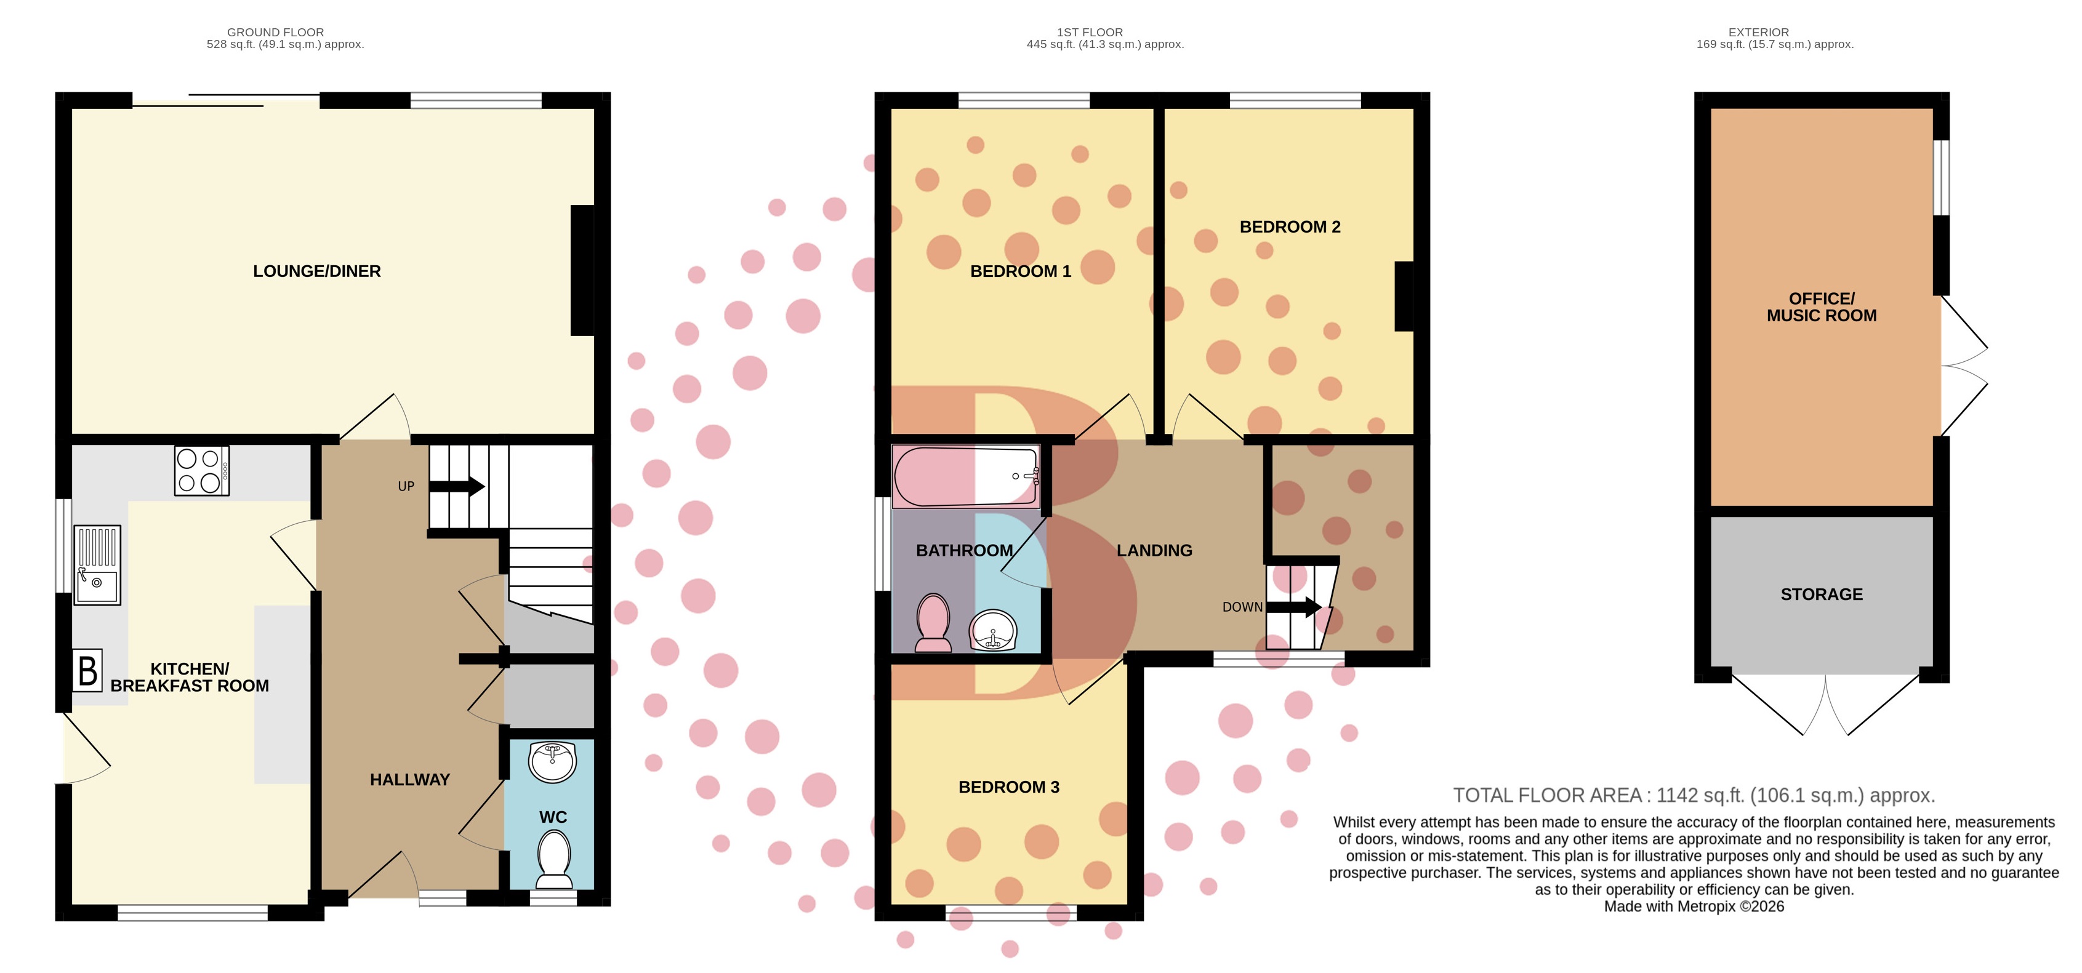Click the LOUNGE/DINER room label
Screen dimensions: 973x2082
pos(317,271)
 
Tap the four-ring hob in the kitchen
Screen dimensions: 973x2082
pos(201,470)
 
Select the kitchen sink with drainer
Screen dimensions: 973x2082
pos(97,565)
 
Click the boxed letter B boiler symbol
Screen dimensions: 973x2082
pos(87,671)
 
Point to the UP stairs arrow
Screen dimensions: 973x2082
pos(457,486)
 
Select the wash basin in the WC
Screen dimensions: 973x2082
pos(552,761)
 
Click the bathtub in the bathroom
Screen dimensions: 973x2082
pos(966,477)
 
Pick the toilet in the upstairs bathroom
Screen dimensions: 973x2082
pos(933,622)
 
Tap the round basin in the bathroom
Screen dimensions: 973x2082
pos(992,630)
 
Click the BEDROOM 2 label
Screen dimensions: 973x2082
pos(1290,227)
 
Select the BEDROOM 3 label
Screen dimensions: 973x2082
pos(1008,787)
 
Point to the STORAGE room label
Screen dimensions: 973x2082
pos(1822,595)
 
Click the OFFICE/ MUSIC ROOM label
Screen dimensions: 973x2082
pos(1822,307)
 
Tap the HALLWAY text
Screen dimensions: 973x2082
pos(410,780)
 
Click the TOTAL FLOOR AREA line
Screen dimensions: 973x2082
pos(1694,795)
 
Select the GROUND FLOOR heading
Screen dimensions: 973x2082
pos(276,33)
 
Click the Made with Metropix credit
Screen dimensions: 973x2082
pos(1694,907)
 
